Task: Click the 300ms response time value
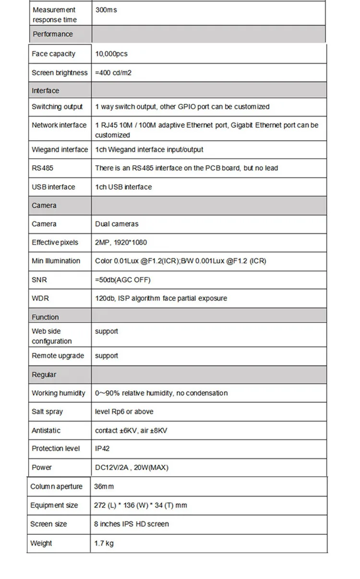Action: pyautogui.click(x=106, y=10)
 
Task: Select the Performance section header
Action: pyautogui.click(x=53, y=34)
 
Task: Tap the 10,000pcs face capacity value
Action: pyautogui.click(x=111, y=54)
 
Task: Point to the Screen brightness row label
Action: pyautogui.click(x=60, y=73)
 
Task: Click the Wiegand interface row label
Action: pyautogui.click(x=60, y=150)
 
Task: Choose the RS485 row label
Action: pyautogui.click(x=39, y=168)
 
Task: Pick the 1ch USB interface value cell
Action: pyautogui.click(x=123, y=187)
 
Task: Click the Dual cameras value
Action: pyautogui.click(x=117, y=224)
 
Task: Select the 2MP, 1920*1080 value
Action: pyautogui.click(x=121, y=242)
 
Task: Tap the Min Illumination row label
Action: pyautogui.click(x=56, y=261)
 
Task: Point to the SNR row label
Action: pyautogui.click(x=39, y=279)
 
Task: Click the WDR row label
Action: pyautogui.click(x=40, y=298)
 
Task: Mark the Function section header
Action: pyautogui.click(x=45, y=317)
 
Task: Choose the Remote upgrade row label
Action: pyautogui.click(x=58, y=356)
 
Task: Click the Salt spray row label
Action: pyautogui.click(x=47, y=411)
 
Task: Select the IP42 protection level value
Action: pyautogui.click(x=103, y=448)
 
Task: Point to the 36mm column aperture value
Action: pyautogui.click(x=104, y=486)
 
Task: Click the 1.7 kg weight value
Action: pyautogui.click(x=104, y=543)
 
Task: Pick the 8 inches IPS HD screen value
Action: pyautogui.click(x=132, y=524)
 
